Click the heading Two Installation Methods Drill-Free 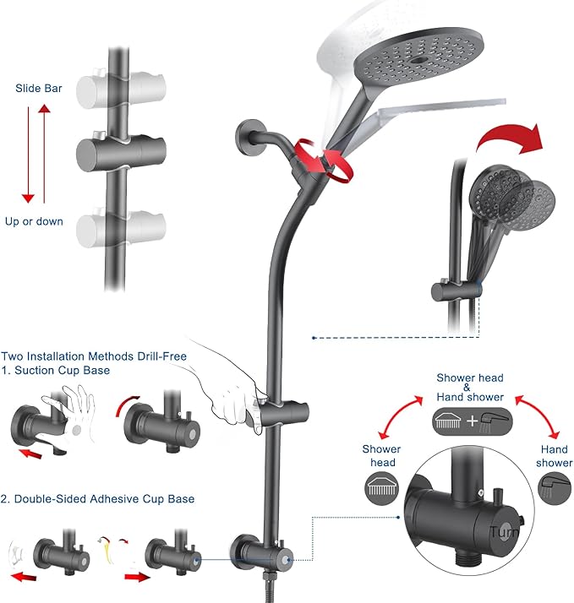[x=94, y=356]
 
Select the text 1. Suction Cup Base [x=56, y=371]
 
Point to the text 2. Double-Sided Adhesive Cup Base [x=98, y=499]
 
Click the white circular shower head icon [x=381, y=486]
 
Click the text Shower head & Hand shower [x=469, y=388]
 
